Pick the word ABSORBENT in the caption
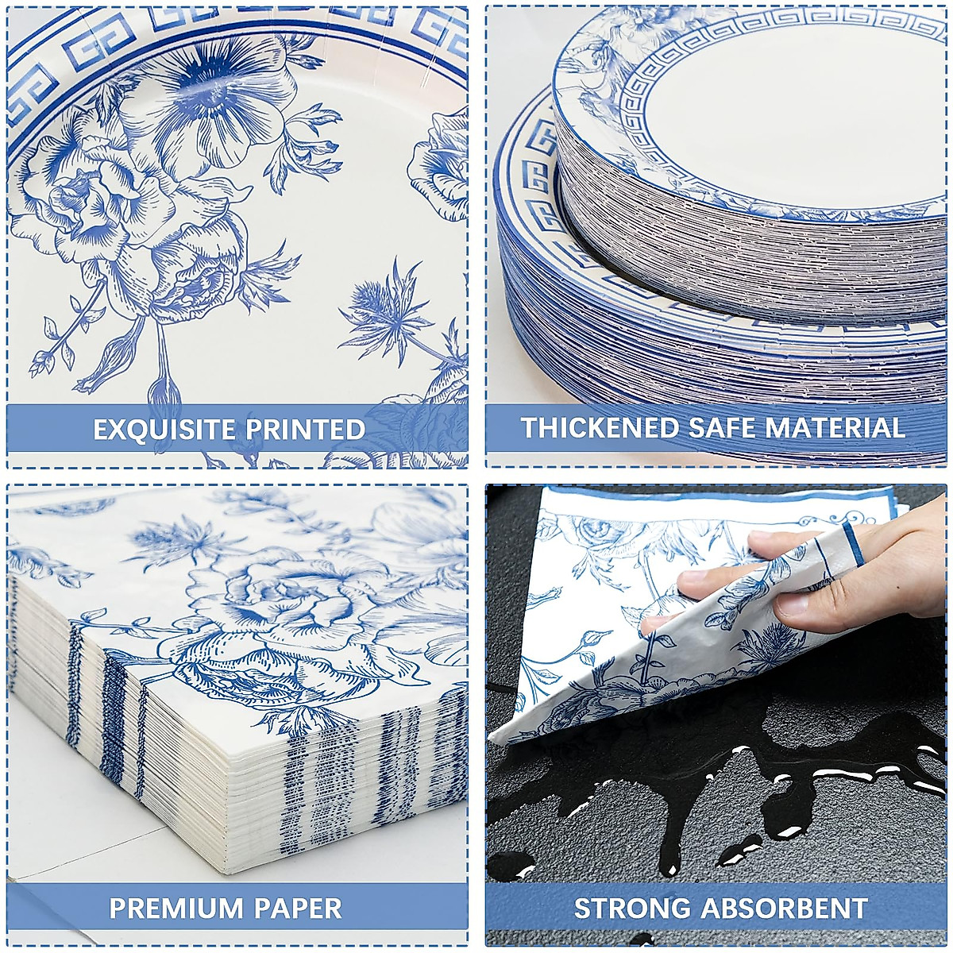785,908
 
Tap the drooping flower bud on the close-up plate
164,389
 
